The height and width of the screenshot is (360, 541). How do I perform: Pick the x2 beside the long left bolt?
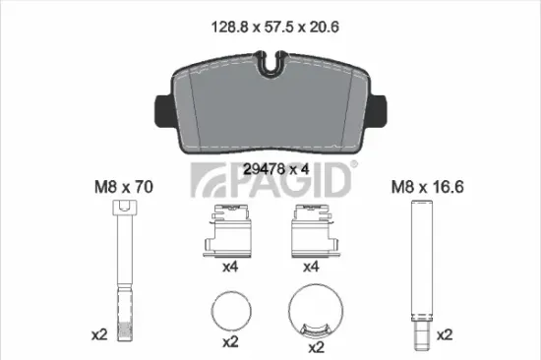coord(97,335)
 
